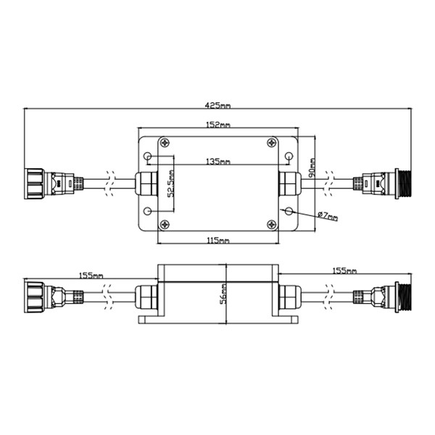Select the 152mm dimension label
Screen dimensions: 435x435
pyautogui.click(x=218, y=125)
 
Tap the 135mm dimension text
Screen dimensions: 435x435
pyautogui.click(x=218, y=160)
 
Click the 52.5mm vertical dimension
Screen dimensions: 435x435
pyautogui.click(x=171, y=186)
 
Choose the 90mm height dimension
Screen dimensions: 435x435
pyautogui.click(x=312, y=168)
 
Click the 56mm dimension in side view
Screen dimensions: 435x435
pyautogui.click(x=225, y=292)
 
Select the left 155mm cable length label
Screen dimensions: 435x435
pyautogui.click(x=91, y=275)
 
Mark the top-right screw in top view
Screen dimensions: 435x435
pyautogui.click(x=271, y=143)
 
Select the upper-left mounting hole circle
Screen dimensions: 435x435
pyautogui.click(x=149, y=157)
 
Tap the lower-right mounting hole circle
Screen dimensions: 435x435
pyautogui.click(x=289, y=211)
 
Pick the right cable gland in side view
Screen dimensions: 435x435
pyautogui.click(x=290, y=297)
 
